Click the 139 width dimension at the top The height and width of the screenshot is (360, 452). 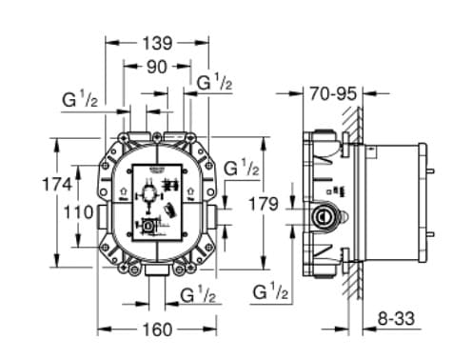pos(156,43)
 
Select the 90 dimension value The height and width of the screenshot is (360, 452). pos(156,67)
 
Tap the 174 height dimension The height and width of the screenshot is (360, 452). pos(57,185)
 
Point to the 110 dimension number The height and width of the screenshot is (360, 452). pos(78,213)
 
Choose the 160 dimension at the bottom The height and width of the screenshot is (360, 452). pos(156,331)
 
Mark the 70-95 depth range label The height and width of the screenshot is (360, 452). pos(332,93)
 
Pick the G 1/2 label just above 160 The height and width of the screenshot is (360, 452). pos(198,296)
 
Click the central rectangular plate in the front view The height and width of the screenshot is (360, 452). pos(156,200)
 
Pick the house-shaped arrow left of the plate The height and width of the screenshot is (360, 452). pos(123,192)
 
